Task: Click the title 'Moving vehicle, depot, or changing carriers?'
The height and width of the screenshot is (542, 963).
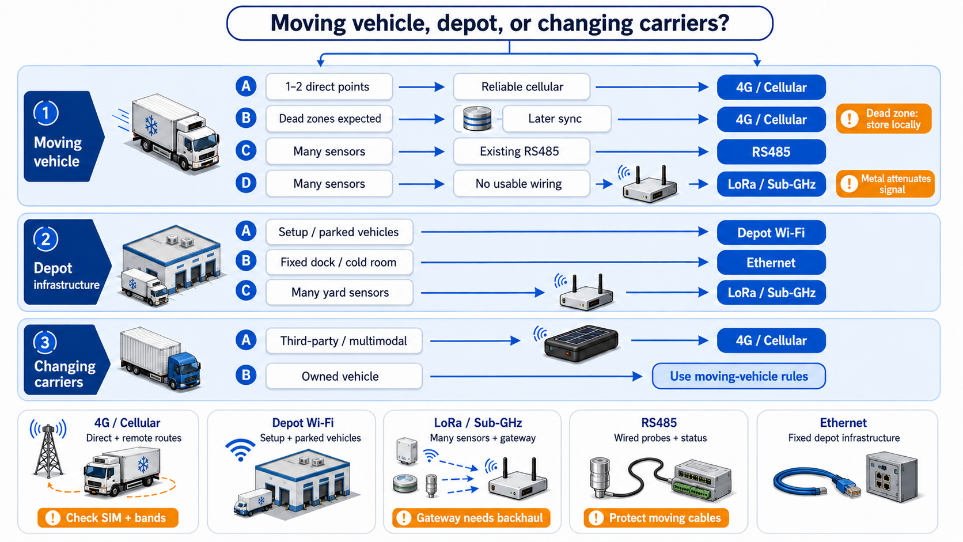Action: point(499,23)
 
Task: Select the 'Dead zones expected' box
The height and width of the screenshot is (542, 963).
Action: point(329,119)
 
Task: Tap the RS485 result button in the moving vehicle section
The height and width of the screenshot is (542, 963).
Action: point(771,151)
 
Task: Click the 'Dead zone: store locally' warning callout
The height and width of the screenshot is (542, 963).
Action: point(884,119)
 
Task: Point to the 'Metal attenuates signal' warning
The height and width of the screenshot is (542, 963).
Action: point(885,184)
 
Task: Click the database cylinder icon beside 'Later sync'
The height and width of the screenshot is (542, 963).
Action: point(477,119)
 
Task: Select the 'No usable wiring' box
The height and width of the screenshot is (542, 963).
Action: point(521,184)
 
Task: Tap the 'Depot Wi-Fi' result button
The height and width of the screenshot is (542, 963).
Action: point(771,233)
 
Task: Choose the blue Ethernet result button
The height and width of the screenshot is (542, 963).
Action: point(771,263)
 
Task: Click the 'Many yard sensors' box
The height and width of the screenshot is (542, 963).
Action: point(340,293)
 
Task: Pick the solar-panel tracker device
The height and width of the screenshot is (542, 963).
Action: point(581,343)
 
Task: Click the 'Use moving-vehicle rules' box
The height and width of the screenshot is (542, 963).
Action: point(739,376)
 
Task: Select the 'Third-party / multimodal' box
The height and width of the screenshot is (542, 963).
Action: point(344,341)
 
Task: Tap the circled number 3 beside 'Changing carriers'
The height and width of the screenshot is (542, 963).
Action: point(45,343)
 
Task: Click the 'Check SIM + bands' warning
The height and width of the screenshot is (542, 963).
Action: point(108,518)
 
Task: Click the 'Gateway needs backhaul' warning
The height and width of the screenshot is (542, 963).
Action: point(471,518)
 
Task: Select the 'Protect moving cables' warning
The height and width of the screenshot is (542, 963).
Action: point(657,518)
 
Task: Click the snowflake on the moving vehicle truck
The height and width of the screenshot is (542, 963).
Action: point(151,126)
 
